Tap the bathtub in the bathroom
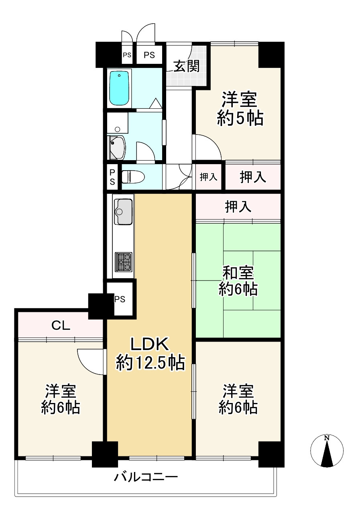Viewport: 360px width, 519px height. coord(119,88)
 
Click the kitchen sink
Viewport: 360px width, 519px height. coord(123,211)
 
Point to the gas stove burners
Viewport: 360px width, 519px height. coord(123,262)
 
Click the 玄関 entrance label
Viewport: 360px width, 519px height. coord(186,65)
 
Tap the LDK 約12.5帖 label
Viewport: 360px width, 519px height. coord(150,353)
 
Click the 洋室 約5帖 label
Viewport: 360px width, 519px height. coord(240,108)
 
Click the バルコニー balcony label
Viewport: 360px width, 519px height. coord(146,478)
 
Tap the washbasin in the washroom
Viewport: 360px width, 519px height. coord(117,147)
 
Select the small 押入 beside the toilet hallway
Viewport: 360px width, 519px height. coord(208,177)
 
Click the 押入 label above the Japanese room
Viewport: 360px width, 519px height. coord(238,207)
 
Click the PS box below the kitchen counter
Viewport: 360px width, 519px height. coord(120,299)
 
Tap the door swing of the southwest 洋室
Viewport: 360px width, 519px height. coord(90,361)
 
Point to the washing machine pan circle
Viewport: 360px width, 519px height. coord(117,129)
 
